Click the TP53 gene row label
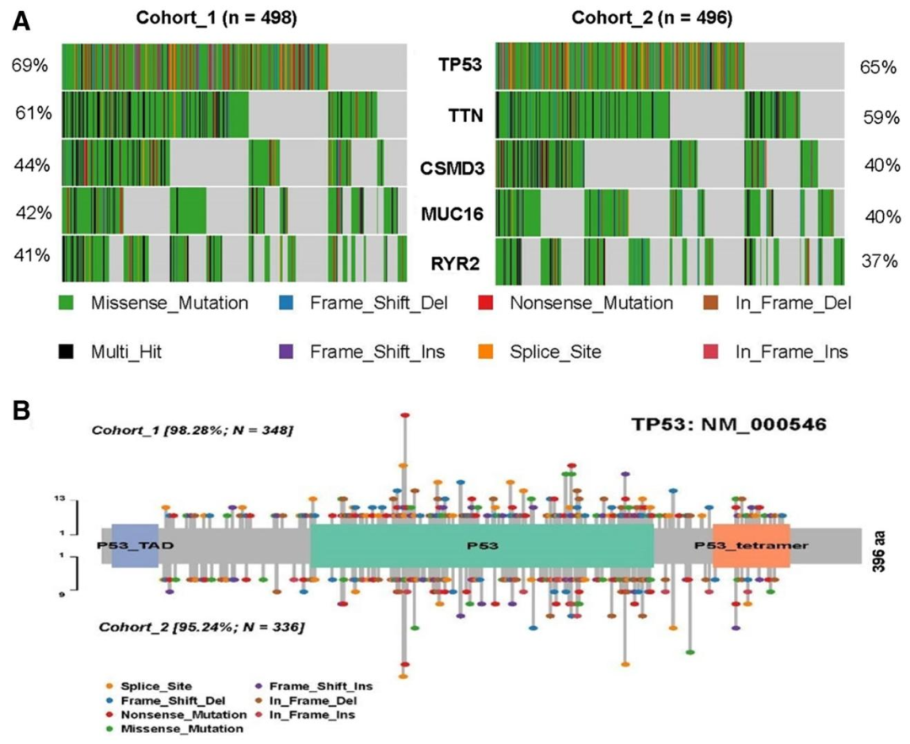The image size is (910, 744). [460, 64]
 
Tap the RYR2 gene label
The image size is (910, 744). [456, 264]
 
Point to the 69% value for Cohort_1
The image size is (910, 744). [29, 65]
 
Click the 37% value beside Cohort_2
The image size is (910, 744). [879, 261]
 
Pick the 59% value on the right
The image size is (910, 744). [881, 118]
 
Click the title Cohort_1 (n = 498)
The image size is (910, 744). [217, 18]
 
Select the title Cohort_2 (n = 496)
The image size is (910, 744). [651, 18]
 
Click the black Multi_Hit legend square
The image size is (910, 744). [67, 351]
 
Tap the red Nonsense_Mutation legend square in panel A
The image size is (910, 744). [485, 302]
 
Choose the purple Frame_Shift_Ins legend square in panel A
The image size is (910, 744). [286, 351]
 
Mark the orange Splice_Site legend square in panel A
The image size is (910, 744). [485, 351]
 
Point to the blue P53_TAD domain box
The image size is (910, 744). [135, 545]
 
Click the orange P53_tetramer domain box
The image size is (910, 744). [752, 545]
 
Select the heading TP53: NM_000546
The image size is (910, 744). [729, 424]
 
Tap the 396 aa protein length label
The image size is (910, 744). [880, 546]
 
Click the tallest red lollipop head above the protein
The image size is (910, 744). [405, 415]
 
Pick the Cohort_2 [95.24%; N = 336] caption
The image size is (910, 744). [201, 627]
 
